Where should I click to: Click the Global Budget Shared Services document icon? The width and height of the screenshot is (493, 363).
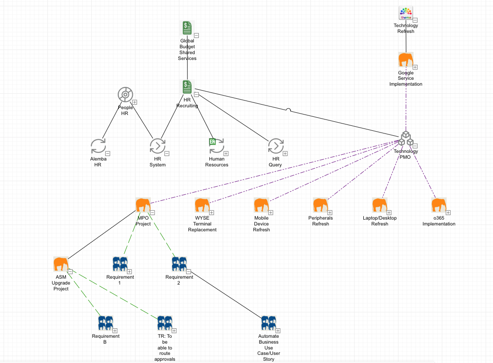coord(187,28)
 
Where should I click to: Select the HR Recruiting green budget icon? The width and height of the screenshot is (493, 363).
coord(187,87)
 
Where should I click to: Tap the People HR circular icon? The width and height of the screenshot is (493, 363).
coord(125,95)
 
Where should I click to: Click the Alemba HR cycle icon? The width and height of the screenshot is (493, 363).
coord(98,147)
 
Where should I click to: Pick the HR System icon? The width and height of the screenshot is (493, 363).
coord(157,147)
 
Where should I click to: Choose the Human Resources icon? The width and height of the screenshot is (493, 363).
coord(216,146)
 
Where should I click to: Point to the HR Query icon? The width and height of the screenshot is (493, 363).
coord(275,147)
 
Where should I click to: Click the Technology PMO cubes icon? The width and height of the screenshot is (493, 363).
coord(406,139)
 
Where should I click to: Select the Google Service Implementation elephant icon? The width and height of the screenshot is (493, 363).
coord(406,60)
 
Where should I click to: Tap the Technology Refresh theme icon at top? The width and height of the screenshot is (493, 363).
coord(406,14)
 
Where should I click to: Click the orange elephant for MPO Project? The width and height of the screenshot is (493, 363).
coord(143,205)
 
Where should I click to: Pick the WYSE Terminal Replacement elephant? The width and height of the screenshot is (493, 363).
coord(202,205)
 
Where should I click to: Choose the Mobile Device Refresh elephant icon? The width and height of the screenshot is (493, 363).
coord(261,205)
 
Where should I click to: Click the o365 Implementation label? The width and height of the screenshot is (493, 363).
coord(439,221)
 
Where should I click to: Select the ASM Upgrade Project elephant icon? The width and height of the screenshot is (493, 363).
coord(61,264)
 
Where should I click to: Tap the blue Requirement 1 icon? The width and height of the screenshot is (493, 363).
coord(120,264)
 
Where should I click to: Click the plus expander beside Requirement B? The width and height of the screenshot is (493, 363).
coord(115,331)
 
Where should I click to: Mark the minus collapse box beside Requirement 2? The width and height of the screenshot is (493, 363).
coord(188,271)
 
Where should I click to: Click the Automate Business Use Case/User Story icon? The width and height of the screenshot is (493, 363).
coord(268,323)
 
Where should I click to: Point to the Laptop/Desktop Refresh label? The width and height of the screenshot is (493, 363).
coord(380,221)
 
